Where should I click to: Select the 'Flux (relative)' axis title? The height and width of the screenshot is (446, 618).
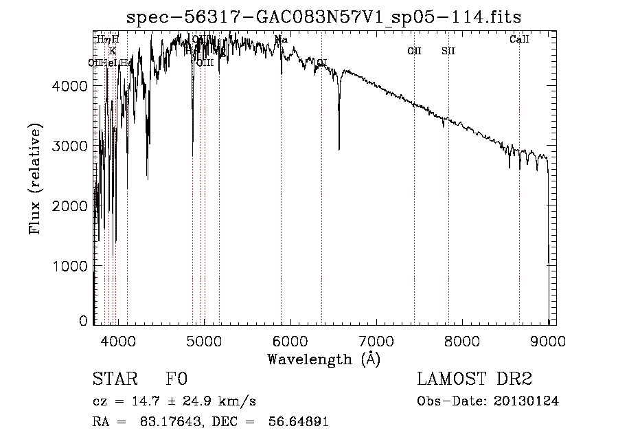click(x=35, y=179)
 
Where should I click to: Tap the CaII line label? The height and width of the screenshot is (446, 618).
click(x=519, y=40)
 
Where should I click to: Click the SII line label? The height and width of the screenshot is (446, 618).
click(x=448, y=51)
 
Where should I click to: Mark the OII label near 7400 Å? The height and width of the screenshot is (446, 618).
click(x=414, y=51)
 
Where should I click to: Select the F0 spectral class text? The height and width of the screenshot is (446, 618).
click(x=176, y=379)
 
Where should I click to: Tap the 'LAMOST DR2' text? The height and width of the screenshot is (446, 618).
click(x=474, y=379)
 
